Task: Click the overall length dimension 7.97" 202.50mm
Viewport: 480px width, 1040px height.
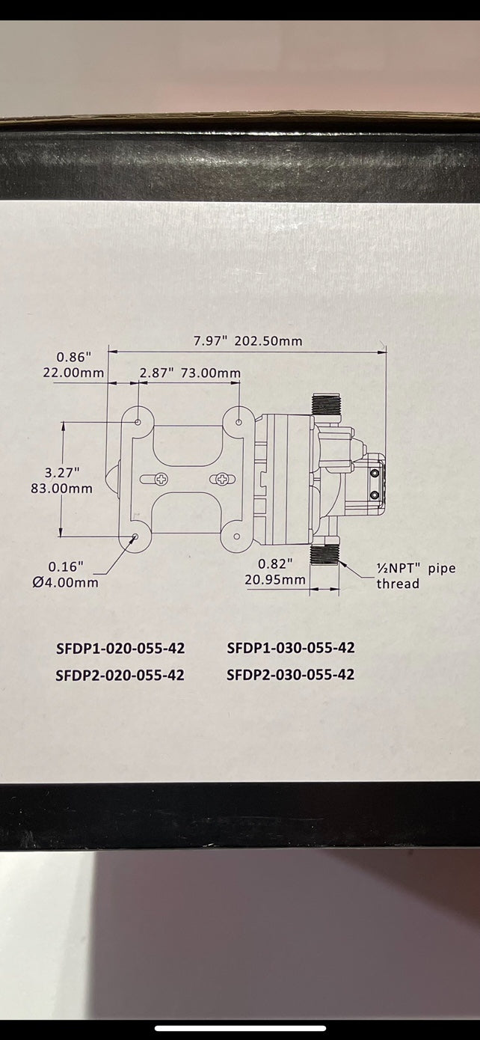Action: tap(247, 341)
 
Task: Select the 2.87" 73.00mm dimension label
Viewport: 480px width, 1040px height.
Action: tap(190, 373)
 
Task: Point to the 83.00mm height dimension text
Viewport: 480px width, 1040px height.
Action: tap(68, 489)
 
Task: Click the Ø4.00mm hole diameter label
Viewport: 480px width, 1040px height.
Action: tap(65, 582)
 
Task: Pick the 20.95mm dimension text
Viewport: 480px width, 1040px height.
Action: tap(274, 579)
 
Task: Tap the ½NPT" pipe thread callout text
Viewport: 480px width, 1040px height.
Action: tap(416, 575)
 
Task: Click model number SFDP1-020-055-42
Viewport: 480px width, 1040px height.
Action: tap(120, 648)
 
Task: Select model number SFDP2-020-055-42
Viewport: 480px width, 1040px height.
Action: tap(120, 675)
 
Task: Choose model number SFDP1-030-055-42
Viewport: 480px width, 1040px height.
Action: tap(290, 648)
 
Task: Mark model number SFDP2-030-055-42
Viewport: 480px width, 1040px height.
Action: tap(290, 675)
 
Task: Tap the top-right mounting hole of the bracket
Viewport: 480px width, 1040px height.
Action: tap(239, 423)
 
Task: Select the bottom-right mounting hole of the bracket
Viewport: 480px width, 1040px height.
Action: tap(237, 536)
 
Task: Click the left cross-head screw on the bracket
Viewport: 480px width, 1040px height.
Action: tap(160, 478)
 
